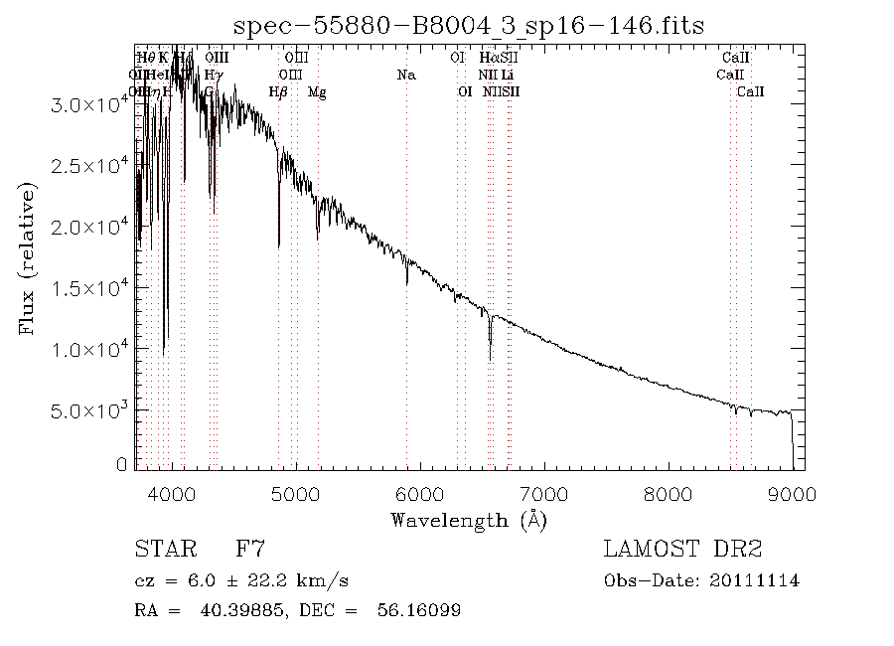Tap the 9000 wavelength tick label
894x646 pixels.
click(792, 494)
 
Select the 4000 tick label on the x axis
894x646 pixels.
click(173, 494)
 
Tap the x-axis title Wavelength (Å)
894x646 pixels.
click(469, 520)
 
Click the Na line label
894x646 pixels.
click(405, 76)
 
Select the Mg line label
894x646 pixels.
click(317, 92)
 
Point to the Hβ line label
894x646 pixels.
click(278, 92)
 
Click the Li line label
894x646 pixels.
click(508, 76)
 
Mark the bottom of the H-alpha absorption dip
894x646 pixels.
click(490, 359)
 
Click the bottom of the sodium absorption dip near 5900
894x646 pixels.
click(407, 283)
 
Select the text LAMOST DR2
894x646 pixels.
click(682, 550)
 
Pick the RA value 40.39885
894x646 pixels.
click(230, 610)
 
